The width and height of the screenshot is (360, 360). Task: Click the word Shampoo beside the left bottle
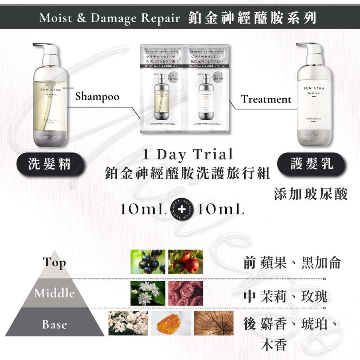pos(97,96)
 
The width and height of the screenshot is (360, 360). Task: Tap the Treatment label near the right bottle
pos(266,99)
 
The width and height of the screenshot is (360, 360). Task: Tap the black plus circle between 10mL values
pos(182,210)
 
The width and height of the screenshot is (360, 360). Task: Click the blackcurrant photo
pos(148,262)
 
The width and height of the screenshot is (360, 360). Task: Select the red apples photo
pos(186,262)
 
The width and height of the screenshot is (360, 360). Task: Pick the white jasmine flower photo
pos(148,293)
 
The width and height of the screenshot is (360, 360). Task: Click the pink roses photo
pos(186,293)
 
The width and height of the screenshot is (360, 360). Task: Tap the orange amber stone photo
pos(171,323)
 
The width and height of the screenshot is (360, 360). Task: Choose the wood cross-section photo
pos(213,323)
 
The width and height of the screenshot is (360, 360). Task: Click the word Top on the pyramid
pos(54,262)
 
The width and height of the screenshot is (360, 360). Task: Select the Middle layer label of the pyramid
pos(54,293)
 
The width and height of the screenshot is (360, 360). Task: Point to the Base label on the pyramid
pos(54,324)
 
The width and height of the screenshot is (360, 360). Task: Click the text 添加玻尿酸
pos(311,194)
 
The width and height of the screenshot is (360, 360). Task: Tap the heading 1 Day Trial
pos(187,154)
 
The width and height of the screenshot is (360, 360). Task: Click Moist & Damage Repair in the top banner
pos(109,18)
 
